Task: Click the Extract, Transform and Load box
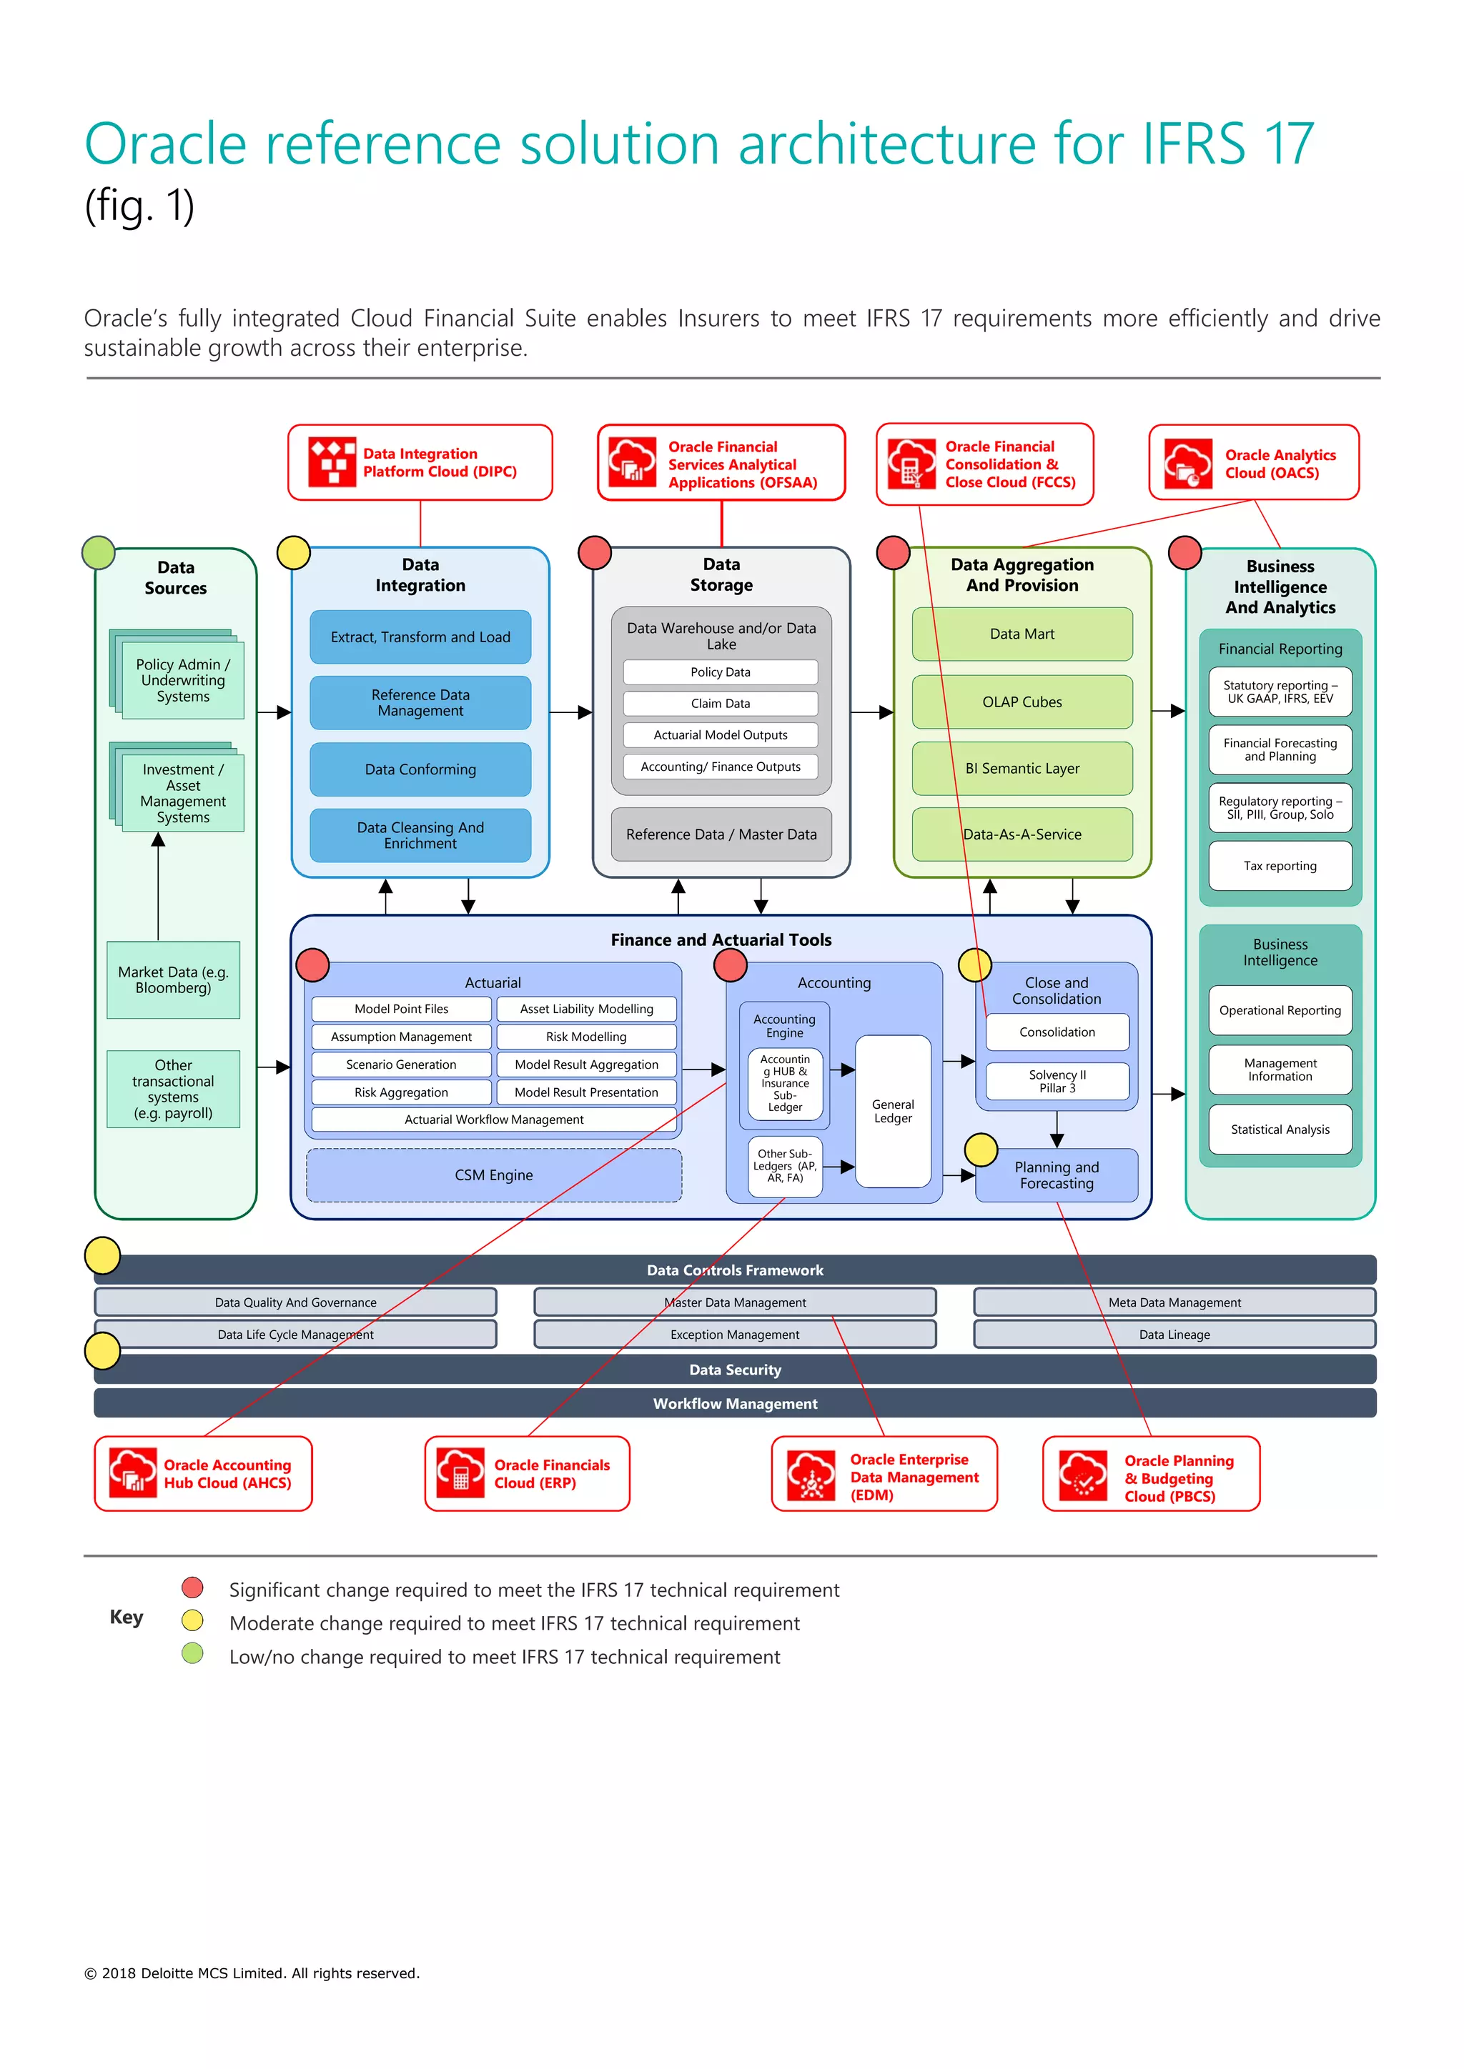(420, 637)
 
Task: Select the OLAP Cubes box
(1022, 702)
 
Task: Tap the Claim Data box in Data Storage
(721, 703)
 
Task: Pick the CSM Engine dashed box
(494, 1175)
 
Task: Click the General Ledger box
(892, 1111)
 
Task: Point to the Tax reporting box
(1280, 866)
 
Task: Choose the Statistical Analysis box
(1280, 1129)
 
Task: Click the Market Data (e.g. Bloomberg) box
(173, 979)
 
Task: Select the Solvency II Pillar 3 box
(1057, 1082)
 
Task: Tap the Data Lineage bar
(1174, 1335)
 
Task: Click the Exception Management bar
(735, 1335)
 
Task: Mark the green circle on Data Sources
(98, 552)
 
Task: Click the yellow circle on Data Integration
(294, 552)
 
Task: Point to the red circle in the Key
(192, 1587)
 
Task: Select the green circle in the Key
(192, 1654)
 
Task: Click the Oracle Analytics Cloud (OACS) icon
(1188, 463)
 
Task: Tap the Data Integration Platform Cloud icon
(332, 462)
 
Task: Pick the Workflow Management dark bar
(735, 1403)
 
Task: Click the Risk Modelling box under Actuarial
(586, 1037)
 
